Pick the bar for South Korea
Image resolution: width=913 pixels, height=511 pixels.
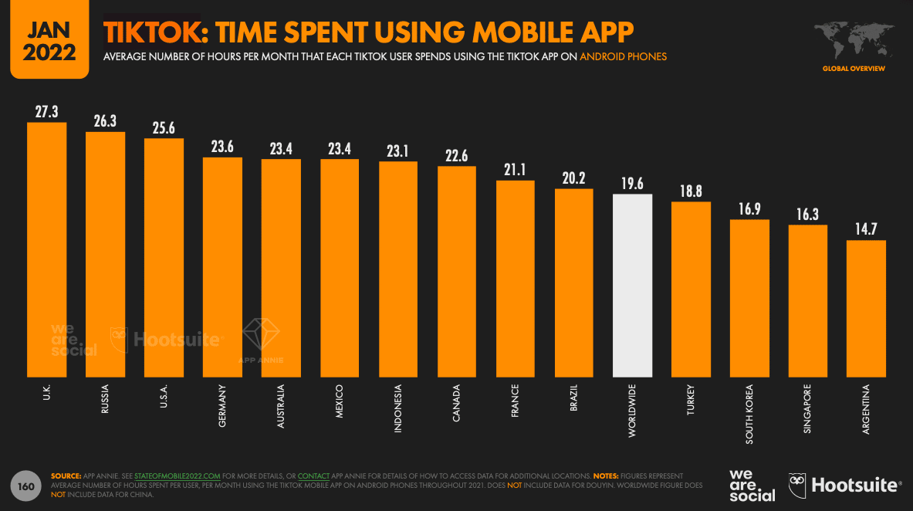coord(749,297)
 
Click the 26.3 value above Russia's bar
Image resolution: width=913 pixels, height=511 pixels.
coord(105,121)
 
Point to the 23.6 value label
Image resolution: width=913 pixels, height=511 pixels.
coord(222,147)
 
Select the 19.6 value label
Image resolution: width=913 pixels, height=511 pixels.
coord(632,183)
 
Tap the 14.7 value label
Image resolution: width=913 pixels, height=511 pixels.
coord(866,229)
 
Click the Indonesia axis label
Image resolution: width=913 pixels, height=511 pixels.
coord(398,408)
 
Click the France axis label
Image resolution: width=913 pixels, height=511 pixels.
coord(515,400)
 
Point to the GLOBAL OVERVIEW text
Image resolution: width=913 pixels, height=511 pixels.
coord(854,69)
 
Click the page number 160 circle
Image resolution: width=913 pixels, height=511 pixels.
coord(25,486)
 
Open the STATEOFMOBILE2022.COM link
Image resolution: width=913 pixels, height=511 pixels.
coord(178,476)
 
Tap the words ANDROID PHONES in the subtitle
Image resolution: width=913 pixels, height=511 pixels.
coord(623,56)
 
